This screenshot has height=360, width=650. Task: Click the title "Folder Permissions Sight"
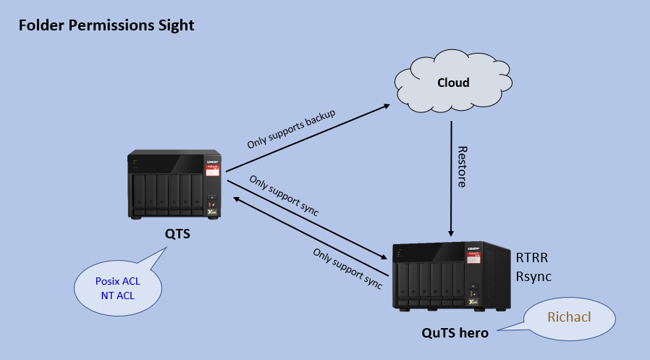[x=106, y=25]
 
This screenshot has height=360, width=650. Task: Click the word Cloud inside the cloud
[x=453, y=83]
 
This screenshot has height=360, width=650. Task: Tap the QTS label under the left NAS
[x=177, y=234]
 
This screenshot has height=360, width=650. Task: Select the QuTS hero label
[x=455, y=332]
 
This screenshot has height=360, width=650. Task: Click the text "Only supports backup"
[x=291, y=129]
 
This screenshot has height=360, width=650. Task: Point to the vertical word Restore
[x=463, y=167]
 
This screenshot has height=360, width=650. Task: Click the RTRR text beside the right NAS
[x=532, y=258]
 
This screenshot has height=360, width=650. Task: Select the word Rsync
[x=533, y=276]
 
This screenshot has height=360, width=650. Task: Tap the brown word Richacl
[x=569, y=317]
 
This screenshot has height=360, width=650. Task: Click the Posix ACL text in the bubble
[x=118, y=281]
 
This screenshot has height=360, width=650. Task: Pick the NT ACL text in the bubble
[x=118, y=296]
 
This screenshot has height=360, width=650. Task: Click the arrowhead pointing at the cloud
[x=387, y=106]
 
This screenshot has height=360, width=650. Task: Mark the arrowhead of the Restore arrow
[x=451, y=233]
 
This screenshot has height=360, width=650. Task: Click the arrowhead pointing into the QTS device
[x=236, y=199]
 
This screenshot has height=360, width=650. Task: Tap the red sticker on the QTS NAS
[x=212, y=170]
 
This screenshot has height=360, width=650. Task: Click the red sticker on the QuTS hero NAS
[x=473, y=257]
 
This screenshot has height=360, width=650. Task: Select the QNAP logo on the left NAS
[x=212, y=162]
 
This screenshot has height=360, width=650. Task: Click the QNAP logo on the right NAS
[x=473, y=248]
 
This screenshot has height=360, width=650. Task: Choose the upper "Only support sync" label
[x=284, y=196]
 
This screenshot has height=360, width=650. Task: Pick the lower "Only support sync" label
[x=347, y=268]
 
